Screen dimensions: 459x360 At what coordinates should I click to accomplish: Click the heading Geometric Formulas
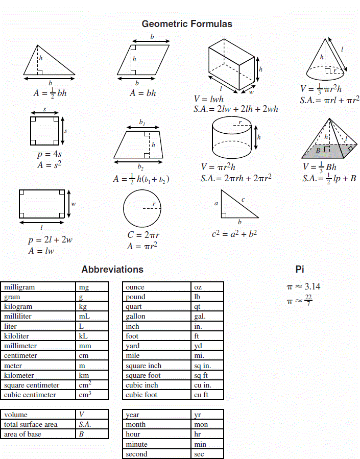(x=187, y=24)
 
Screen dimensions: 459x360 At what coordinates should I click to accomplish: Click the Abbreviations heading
(x=112, y=269)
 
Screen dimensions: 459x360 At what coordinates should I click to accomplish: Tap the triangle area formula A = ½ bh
(x=50, y=93)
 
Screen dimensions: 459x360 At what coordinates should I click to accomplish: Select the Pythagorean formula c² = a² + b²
(x=234, y=234)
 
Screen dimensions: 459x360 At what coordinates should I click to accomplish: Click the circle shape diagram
(x=142, y=208)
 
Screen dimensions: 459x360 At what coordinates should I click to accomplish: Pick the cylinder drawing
(x=232, y=138)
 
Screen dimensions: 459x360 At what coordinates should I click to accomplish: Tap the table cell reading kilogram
(x=18, y=306)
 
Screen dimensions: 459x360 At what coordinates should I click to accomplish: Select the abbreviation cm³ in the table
(x=85, y=395)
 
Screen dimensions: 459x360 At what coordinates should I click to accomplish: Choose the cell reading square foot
(x=143, y=375)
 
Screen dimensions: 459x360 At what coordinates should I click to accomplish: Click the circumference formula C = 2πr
(x=143, y=235)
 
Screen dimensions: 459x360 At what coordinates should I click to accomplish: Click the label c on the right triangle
(x=243, y=199)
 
